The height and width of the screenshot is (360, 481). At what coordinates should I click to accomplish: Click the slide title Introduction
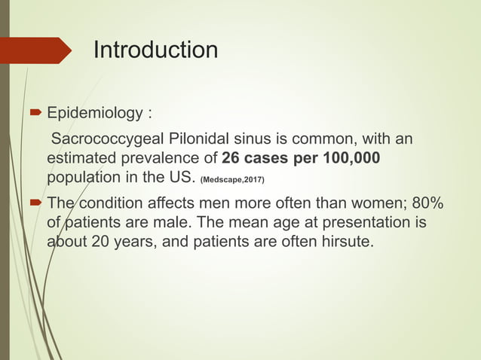coord(155,50)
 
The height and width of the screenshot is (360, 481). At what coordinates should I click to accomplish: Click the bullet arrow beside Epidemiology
coord(34,114)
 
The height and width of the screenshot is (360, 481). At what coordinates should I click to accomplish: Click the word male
coord(178,224)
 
